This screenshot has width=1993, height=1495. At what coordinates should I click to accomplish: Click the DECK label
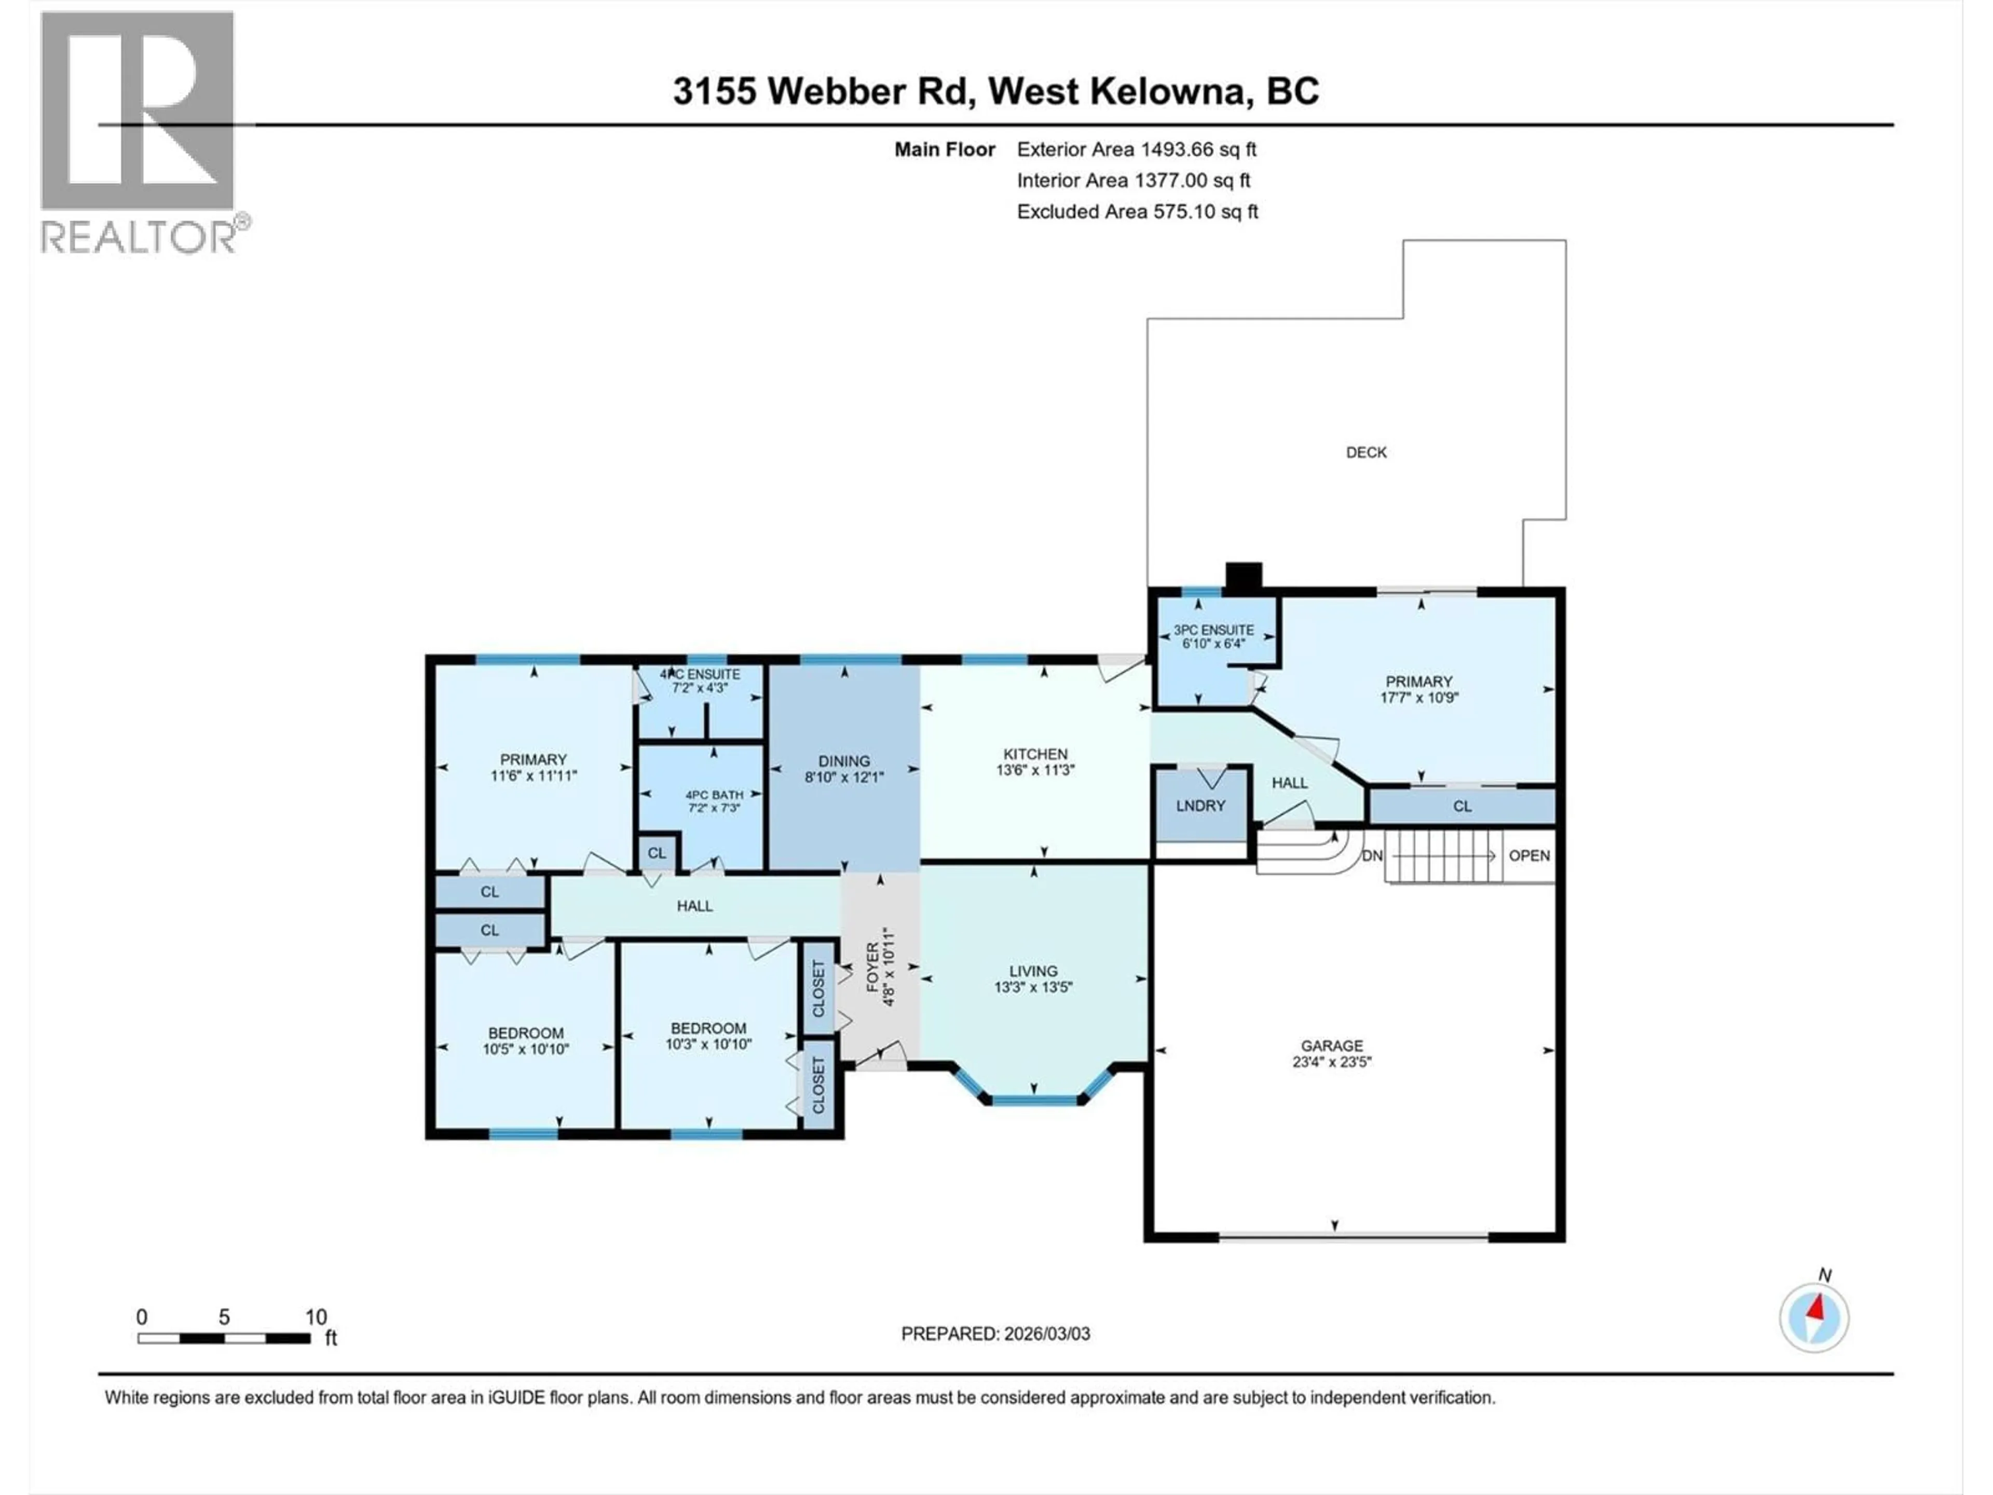pyautogui.click(x=1366, y=452)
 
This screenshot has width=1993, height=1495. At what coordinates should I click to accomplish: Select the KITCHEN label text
pyautogui.click(x=1035, y=754)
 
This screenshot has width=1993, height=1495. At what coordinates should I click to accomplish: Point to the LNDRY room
pyautogui.click(x=1200, y=806)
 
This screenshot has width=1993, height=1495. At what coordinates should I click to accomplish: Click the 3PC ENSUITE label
pyautogui.click(x=1213, y=630)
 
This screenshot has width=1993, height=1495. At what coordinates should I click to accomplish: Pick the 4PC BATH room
pyautogui.click(x=714, y=795)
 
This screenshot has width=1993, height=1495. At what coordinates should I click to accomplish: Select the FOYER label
pyautogui.click(x=872, y=967)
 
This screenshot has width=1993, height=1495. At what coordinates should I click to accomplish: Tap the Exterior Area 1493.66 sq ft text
pyautogui.click(x=1136, y=149)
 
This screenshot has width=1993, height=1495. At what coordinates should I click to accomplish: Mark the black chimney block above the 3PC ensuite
pyautogui.click(x=1244, y=577)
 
